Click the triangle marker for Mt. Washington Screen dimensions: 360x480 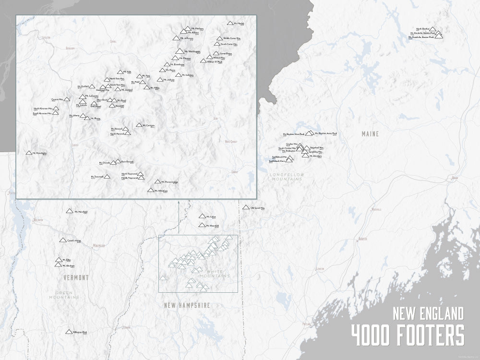pyautogui.click(x=179, y=51)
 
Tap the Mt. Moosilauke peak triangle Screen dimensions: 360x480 pyautogui.click(x=29, y=153)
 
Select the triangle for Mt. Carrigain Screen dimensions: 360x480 pyautogui.click(x=139, y=125)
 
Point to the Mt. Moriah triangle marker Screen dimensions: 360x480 pyautogui.click(x=230, y=23)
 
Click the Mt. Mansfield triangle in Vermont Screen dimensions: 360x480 pyautogui.click(x=70, y=211)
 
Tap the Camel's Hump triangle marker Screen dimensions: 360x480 pyautogui.click(x=62, y=240)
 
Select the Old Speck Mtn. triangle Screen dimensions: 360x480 pyautogui.click(x=246, y=208)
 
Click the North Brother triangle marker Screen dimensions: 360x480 pyautogui.click(x=433, y=29)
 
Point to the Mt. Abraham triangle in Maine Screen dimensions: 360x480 pyautogui.click(x=306, y=156)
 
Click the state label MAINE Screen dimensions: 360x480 pyautogui.click(x=370, y=134)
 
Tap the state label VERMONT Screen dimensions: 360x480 pyautogui.click(x=76, y=278)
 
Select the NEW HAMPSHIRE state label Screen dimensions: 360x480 pyautogui.click(x=187, y=305)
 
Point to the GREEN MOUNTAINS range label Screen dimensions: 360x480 pyautogui.click(x=67, y=295)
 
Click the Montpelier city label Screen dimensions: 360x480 pyautogui.click(x=98, y=245)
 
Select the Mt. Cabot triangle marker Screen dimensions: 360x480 pyautogui.click(x=202, y=216)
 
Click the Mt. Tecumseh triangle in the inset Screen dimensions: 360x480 pyautogui.click(x=108, y=177)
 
